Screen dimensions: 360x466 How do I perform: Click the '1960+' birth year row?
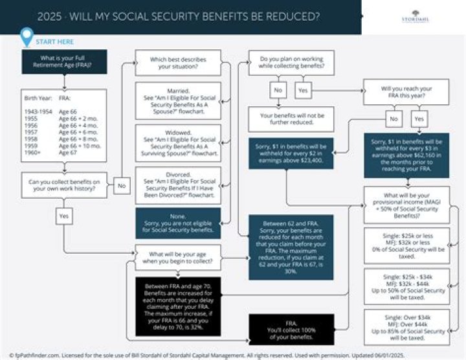tap(33, 155)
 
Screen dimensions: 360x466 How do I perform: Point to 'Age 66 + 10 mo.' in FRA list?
tap(79, 146)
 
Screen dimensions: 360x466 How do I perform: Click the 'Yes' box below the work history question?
tap(64, 216)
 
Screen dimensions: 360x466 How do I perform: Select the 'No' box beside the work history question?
tap(121, 185)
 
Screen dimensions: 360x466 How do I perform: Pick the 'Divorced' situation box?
tap(178, 183)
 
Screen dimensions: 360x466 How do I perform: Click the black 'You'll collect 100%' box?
tap(291, 329)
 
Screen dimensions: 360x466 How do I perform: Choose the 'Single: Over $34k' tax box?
tap(406, 327)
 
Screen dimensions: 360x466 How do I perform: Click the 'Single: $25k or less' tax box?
tap(406, 245)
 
